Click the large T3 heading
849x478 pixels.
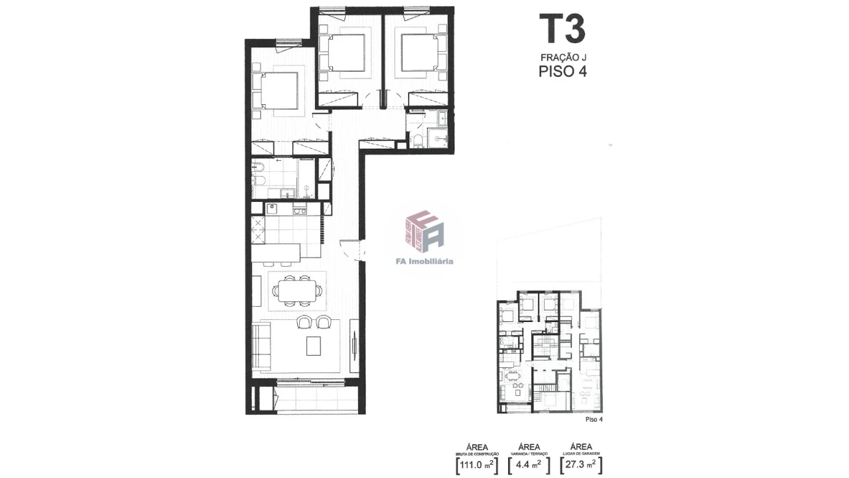click(562, 30)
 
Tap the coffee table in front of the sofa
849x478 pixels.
click(313, 346)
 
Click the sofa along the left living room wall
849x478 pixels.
click(261, 346)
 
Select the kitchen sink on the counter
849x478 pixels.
click(272, 208)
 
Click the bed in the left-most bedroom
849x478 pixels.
click(277, 91)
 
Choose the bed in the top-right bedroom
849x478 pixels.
click(418, 52)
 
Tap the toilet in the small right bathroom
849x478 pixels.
click(417, 140)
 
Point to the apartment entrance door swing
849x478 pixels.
click(350, 249)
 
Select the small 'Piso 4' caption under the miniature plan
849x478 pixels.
click(594, 420)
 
